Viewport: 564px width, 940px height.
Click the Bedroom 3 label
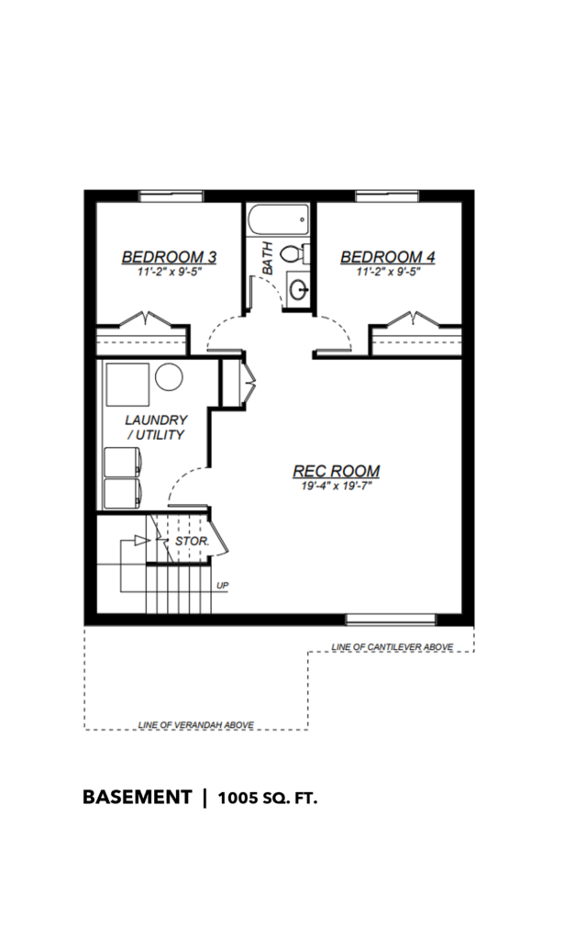click(169, 257)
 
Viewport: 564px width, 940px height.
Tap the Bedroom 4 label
click(388, 257)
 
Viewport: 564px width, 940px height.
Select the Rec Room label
click(336, 471)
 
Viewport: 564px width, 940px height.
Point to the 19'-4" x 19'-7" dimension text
click(337, 487)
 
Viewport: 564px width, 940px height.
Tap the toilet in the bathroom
click(294, 254)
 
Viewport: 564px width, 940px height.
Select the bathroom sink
click(298, 290)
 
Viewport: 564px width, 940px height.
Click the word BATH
click(267, 258)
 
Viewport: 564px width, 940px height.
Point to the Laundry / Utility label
click(156, 428)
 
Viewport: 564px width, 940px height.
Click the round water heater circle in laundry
click(169, 377)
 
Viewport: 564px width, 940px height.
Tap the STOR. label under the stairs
click(192, 542)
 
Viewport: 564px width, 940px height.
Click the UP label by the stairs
click(222, 586)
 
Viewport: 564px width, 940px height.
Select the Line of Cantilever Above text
click(393, 647)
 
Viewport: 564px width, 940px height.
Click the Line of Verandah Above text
click(195, 725)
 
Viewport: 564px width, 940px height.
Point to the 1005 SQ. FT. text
click(267, 799)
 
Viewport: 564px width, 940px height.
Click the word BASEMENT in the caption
click(138, 798)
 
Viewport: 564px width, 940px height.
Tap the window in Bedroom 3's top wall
click(171, 196)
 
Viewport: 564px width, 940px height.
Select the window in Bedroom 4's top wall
click(387, 196)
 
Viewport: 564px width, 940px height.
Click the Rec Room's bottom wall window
click(391, 620)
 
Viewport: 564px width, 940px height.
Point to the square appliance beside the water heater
click(127, 385)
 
